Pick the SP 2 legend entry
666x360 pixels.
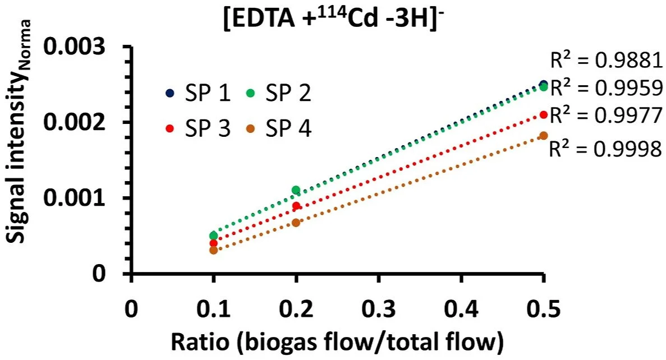[281, 93]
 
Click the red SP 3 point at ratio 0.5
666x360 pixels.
[543, 114]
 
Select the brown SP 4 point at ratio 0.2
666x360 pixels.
[296, 223]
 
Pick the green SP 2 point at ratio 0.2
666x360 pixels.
[296, 190]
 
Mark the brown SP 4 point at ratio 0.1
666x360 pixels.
[213, 250]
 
